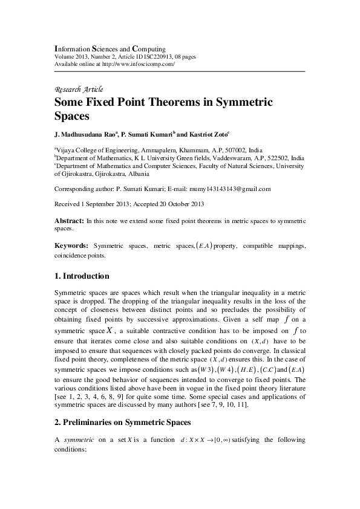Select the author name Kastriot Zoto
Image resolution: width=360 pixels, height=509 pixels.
click(212, 131)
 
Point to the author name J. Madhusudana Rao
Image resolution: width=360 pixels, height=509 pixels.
click(87, 131)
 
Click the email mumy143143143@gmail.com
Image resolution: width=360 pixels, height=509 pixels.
click(223, 189)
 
